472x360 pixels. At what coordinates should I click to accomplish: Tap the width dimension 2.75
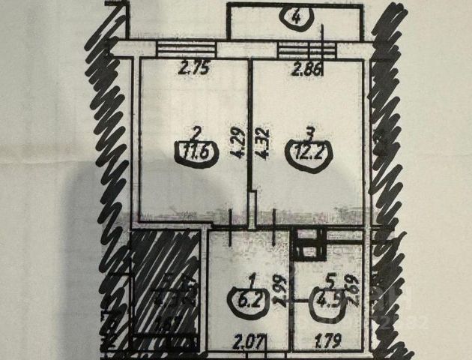click(193, 73)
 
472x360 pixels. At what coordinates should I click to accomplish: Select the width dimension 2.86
click(308, 73)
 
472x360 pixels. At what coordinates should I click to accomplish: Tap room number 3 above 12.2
click(310, 133)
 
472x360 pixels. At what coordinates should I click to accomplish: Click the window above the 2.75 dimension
click(184, 49)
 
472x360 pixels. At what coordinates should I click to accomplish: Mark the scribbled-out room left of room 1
click(166, 289)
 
